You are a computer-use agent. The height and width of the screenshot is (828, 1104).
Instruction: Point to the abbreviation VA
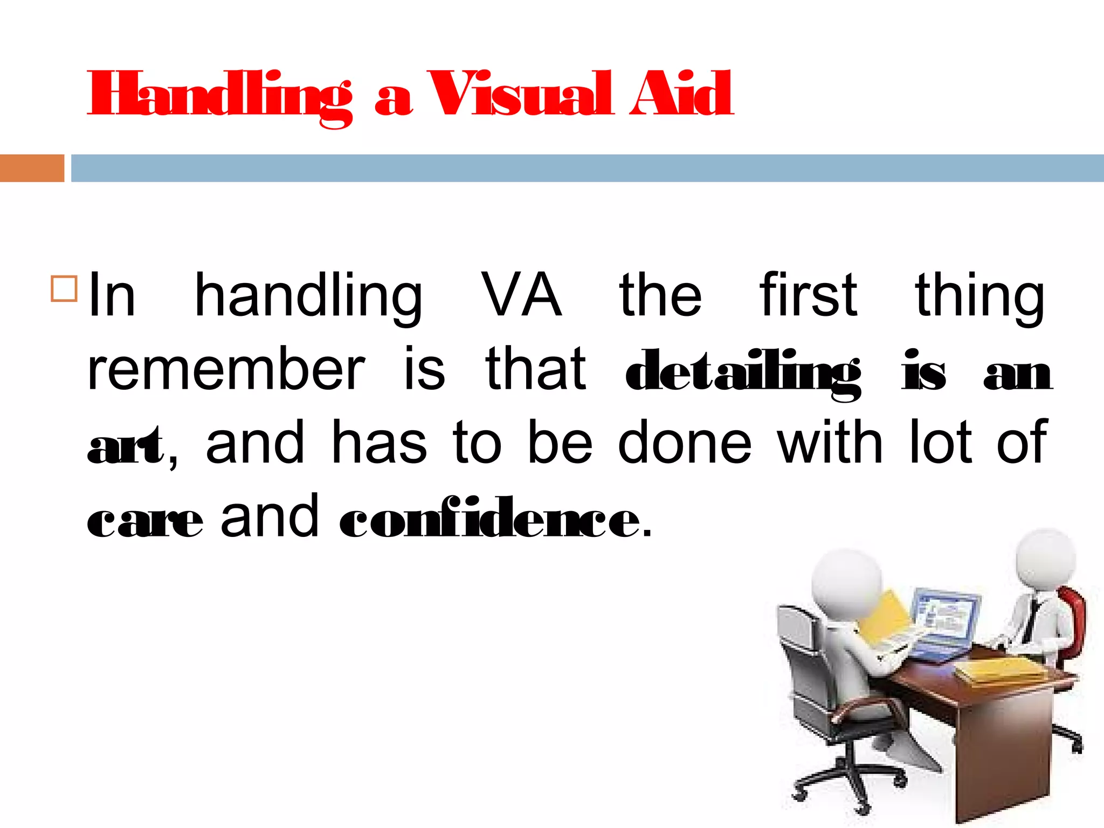pos(521,295)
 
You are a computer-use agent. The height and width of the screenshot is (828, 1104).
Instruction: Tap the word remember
pos(226,370)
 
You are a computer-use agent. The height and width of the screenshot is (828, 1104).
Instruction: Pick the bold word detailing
pos(742,372)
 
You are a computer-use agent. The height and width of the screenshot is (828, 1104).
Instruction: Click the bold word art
pos(125,445)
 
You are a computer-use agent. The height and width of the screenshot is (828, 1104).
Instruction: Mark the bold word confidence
pos(489,519)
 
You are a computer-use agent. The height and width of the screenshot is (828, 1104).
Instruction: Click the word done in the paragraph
pos(684,443)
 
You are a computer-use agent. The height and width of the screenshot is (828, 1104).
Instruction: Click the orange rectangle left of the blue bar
pos(32,168)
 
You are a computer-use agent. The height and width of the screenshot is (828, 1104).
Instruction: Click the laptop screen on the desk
pos(947,616)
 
